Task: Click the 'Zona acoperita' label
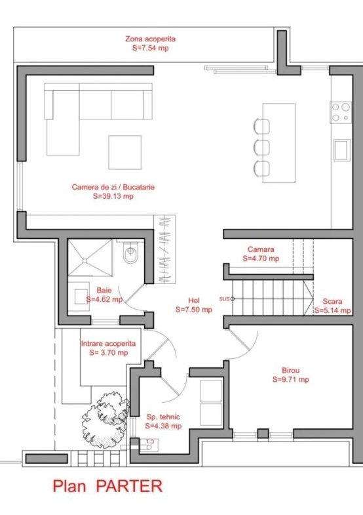coord(151,39)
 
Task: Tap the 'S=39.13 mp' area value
coord(113,196)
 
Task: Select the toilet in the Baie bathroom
coord(131,252)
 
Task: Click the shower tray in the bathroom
coord(90,258)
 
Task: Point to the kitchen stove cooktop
coord(341,112)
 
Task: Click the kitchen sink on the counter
coord(342,150)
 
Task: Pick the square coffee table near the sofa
coord(125,152)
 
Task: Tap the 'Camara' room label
coord(261,249)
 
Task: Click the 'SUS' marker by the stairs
coord(224,299)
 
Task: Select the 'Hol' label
coord(194,300)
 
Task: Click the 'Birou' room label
coord(290,370)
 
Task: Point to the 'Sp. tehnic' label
coord(163,417)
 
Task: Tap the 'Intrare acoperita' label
coord(108,344)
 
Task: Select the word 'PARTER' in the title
coord(129,485)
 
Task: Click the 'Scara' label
coord(332,301)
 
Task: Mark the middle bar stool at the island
coord(261,147)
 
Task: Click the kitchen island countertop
coord(278,143)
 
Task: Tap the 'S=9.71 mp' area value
coord(290,379)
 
